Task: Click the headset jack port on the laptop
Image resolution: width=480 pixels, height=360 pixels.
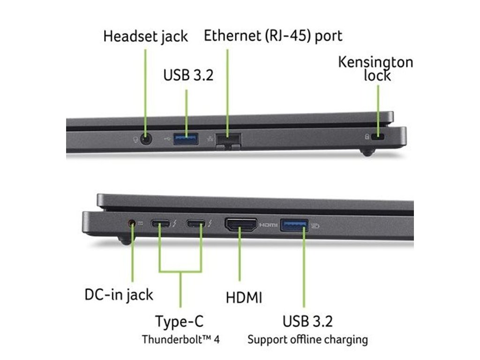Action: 147,139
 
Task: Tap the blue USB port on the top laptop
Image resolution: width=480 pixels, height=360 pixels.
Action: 186,138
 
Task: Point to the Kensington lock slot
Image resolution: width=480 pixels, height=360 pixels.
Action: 378,138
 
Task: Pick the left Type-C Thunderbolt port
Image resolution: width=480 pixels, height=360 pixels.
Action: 160,224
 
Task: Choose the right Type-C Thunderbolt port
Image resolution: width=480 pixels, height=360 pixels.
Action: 196,224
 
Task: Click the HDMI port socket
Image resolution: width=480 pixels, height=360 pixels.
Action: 241,225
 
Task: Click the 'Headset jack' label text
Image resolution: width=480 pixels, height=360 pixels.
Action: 145,36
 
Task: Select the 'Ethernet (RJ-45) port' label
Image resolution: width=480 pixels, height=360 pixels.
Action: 273,35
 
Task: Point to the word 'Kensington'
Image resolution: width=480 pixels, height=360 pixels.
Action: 375,63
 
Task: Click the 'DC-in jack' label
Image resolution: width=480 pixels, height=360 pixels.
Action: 119,294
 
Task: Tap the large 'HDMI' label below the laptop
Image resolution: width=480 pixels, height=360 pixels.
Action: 244,297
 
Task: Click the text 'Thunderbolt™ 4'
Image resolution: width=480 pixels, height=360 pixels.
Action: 180,339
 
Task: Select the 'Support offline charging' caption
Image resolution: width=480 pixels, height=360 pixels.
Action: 307,339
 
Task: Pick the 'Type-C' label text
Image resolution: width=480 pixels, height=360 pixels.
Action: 180,322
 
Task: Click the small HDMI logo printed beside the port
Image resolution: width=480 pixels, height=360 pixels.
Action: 269,225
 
